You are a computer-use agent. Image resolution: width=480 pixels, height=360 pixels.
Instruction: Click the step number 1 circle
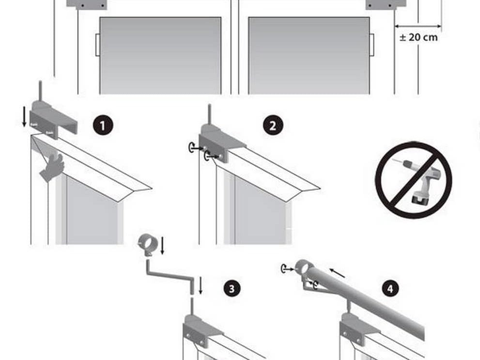tap(103, 125)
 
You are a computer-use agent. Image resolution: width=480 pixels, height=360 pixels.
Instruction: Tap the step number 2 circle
tap(273, 125)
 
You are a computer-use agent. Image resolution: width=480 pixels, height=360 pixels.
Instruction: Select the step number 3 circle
tap(232, 289)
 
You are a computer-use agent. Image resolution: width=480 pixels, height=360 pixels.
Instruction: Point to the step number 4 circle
tap(390, 289)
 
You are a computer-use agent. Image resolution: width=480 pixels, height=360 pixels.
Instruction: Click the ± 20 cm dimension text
tap(418, 37)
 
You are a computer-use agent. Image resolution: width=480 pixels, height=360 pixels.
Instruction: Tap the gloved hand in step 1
tap(53, 168)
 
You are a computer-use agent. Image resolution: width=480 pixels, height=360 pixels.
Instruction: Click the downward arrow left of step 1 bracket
tap(24, 120)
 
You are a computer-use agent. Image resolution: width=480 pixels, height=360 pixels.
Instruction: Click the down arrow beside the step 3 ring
tap(163, 245)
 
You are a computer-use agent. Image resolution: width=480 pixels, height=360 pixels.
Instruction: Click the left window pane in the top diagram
tap(160, 55)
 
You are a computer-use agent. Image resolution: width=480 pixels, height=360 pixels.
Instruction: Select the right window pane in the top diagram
tap(309, 55)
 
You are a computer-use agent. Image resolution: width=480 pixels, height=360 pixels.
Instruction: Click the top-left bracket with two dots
tap(87, 4)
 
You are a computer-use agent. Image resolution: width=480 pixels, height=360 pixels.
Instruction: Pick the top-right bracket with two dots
tap(386, 4)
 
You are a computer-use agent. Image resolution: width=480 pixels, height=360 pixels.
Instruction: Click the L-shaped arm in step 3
tap(170, 273)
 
